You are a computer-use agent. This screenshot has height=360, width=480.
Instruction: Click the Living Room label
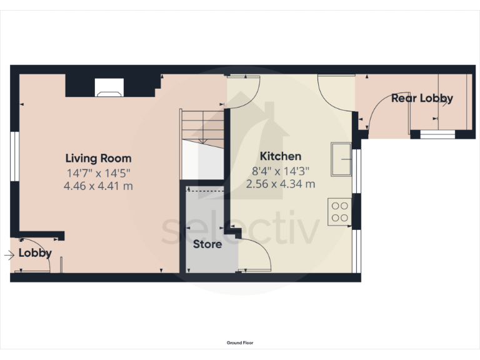click(99, 158)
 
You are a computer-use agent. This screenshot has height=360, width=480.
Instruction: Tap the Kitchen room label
click(281, 156)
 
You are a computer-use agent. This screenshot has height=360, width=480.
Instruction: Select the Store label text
click(207, 244)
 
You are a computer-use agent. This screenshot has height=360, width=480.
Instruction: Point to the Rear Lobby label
click(422, 98)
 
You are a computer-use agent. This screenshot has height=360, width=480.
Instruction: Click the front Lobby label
click(34, 253)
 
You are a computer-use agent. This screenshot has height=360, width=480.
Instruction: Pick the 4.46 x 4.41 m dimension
click(99, 186)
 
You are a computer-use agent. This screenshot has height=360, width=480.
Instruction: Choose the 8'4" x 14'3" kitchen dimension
click(281, 170)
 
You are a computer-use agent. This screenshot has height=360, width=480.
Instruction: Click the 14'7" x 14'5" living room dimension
click(99, 172)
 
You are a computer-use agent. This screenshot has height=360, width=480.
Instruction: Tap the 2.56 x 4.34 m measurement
click(281, 184)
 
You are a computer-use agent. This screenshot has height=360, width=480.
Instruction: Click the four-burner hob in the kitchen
click(339, 211)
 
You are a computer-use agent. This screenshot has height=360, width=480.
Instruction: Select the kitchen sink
click(342, 159)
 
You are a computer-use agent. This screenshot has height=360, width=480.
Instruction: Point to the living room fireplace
click(109, 89)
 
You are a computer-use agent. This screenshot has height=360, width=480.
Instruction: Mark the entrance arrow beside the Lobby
click(9, 255)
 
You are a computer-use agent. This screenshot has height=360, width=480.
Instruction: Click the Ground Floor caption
click(240, 342)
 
